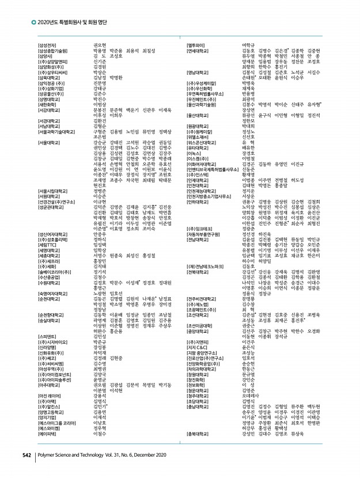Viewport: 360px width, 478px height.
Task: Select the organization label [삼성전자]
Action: [x=47, y=45]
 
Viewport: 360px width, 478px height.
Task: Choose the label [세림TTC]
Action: [x=48, y=244]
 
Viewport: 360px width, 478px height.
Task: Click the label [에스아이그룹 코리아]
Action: [x=59, y=423]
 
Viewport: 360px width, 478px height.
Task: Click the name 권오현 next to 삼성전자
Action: [x=100, y=45]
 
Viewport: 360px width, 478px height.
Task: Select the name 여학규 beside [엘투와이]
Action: [x=248, y=45]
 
